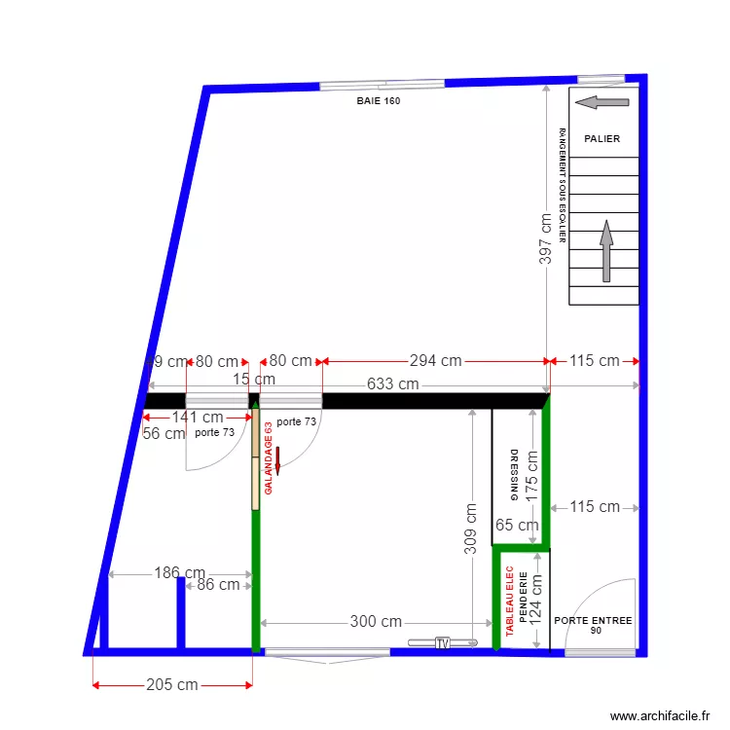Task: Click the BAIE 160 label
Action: pyautogui.click(x=379, y=101)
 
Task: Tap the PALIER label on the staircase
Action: pyautogui.click(x=602, y=139)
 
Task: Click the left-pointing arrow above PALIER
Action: pyautogui.click(x=602, y=102)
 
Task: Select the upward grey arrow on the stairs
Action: pyautogui.click(x=605, y=251)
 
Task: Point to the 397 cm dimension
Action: pyautogui.click(x=546, y=239)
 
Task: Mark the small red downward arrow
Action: pyautogui.click(x=277, y=460)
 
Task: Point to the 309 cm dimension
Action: pyautogui.click(x=471, y=529)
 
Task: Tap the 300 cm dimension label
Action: pyautogui.click(x=376, y=622)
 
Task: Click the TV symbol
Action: pyautogui.click(x=443, y=642)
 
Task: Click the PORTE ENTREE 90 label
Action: pyautogui.click(x=593, y=625)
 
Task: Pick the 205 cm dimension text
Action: pyautogui.click(x=172, y=685)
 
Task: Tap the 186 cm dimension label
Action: pyautogui.click(x=180, y=573)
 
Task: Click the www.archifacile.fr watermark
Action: pyautogui.click(x=660, y=715)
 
